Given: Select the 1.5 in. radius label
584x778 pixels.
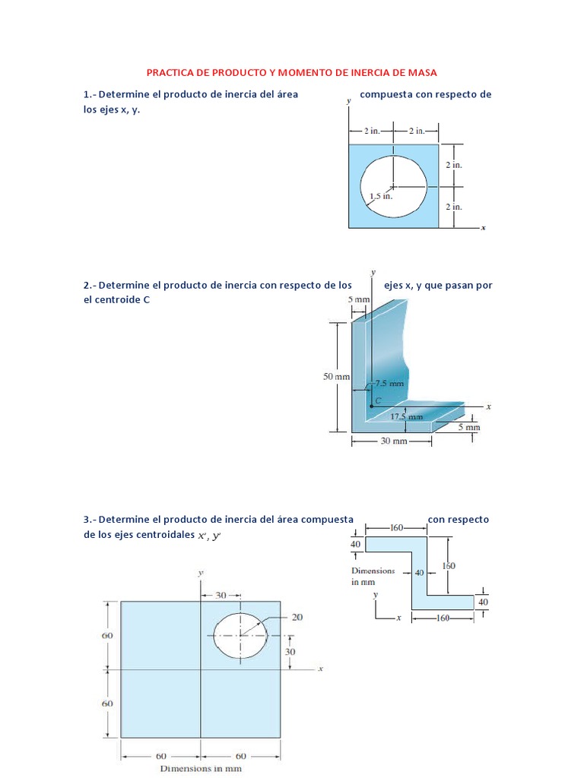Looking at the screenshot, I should point(380,196).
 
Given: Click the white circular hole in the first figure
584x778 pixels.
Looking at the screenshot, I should point(393,186).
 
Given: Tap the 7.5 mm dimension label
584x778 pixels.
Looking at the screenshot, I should point(389,384).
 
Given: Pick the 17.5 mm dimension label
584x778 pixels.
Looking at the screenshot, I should point(406,416).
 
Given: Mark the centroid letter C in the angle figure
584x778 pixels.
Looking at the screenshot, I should point(376,399).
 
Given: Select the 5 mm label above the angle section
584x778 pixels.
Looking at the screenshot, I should point(358,300).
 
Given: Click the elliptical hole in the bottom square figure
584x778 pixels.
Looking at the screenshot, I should point(240,635).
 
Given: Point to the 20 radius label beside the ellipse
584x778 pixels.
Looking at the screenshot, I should point(297,617).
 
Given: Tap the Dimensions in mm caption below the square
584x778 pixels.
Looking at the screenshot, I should point(200,768).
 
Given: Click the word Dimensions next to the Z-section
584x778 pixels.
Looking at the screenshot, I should point(373,570).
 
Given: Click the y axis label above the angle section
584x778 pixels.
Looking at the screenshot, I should point(373,271).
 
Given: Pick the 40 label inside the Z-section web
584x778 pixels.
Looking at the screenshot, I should point(419,573).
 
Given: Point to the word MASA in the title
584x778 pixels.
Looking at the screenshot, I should point(425,72).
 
